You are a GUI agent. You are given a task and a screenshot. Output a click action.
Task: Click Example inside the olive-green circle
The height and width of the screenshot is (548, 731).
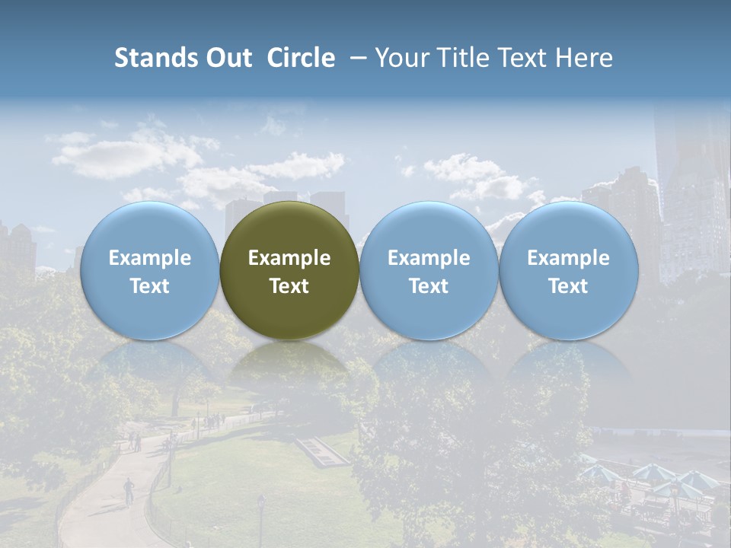point(289,258)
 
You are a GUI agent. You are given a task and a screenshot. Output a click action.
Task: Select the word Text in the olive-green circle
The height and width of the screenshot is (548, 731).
point(289,286)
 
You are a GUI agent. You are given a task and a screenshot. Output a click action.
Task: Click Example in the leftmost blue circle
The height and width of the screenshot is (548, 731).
point(149,258)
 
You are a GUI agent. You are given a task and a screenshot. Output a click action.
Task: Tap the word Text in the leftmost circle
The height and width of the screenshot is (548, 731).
point(149,286)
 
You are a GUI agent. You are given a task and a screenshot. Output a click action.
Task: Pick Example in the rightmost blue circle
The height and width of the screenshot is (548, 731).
point(568,258)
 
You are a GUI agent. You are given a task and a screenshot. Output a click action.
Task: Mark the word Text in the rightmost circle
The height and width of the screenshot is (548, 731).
point(568,286)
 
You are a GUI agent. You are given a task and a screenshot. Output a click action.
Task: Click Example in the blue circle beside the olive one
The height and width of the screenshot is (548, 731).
point(429,258)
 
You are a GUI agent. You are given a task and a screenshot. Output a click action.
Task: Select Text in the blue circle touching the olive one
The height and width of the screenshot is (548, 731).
point(429,286)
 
